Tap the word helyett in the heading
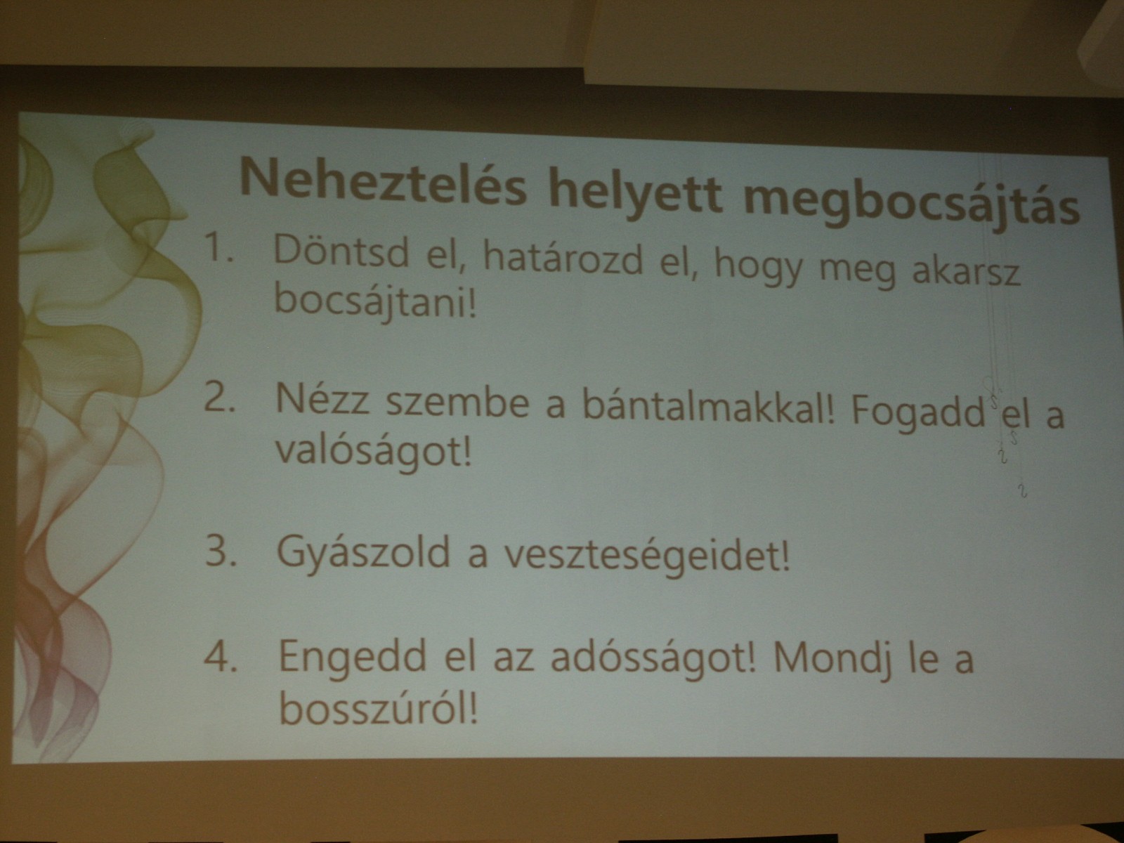636,192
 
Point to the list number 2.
218,398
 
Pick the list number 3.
221,551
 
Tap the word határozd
563,259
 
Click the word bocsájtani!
375,301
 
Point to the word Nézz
322,399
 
